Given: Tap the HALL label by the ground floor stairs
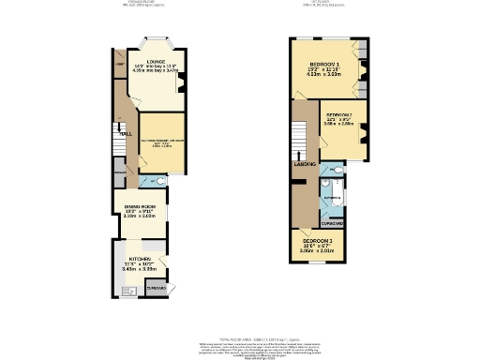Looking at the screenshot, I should coord(123,134).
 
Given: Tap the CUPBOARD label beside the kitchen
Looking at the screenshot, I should coord(157,289).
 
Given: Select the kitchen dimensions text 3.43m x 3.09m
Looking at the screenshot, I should coord(136,269).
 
